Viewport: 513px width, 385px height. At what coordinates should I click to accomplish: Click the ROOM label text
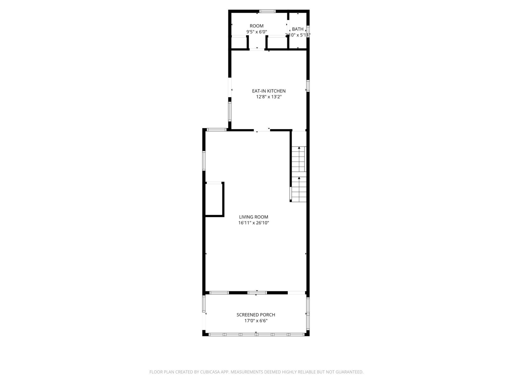point(256,26)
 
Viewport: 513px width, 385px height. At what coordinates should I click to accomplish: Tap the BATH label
point(298,29)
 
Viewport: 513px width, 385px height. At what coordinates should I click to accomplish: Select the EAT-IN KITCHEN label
point(269,91)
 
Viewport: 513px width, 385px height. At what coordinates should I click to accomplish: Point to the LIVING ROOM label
point(253,217)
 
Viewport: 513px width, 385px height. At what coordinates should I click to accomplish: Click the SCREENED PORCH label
point(256,315)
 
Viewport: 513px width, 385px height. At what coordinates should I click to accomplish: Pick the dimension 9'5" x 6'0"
point(256,32)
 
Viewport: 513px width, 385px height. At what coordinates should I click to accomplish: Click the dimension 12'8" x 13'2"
point(269,97)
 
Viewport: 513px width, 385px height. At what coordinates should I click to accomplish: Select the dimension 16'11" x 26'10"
point(253,223)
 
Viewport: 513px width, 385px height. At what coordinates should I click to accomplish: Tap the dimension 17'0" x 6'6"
point(256,321)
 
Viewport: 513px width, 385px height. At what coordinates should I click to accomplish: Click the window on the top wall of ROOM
point(267,11)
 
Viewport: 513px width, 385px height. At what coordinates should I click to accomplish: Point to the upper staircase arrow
point(299,148)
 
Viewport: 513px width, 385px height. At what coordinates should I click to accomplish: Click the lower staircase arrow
point(299,178)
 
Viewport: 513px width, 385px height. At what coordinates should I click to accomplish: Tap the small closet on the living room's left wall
point(214,199)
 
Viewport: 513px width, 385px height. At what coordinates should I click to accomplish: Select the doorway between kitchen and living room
point(262,130)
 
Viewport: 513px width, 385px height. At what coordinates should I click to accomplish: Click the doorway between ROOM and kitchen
point(257,49)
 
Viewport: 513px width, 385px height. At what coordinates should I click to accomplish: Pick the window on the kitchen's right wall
point(308,86)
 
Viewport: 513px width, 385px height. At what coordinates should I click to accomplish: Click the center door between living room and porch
point(257,293)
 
